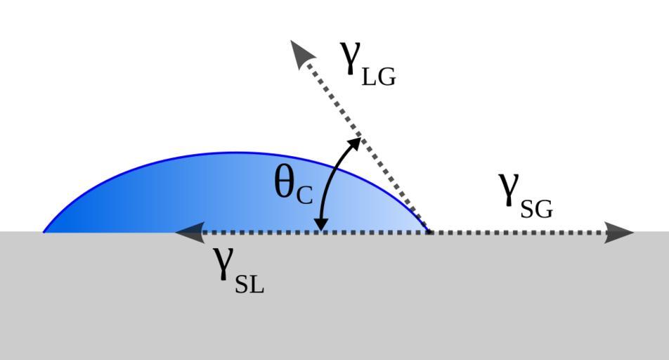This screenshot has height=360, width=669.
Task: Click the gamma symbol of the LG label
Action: (350, 58)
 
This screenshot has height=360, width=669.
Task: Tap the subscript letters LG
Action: (379, 77)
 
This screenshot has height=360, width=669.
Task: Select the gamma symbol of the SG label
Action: (509, 190)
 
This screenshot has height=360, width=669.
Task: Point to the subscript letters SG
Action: (537, 210)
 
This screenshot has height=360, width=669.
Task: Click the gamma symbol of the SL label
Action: (223, 264)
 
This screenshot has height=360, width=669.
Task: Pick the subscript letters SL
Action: (249, 284)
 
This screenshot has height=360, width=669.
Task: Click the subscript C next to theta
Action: (305, 195)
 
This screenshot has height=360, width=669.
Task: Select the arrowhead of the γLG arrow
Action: (302, 52)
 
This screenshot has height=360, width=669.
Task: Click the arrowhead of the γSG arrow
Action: (618, 233)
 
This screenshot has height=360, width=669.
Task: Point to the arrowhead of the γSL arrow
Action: (190, 233)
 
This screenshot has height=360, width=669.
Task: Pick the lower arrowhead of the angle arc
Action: (320, 224)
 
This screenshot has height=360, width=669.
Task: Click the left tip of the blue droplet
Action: (44, 232)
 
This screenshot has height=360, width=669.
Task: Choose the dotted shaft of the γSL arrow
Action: (316, 233)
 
